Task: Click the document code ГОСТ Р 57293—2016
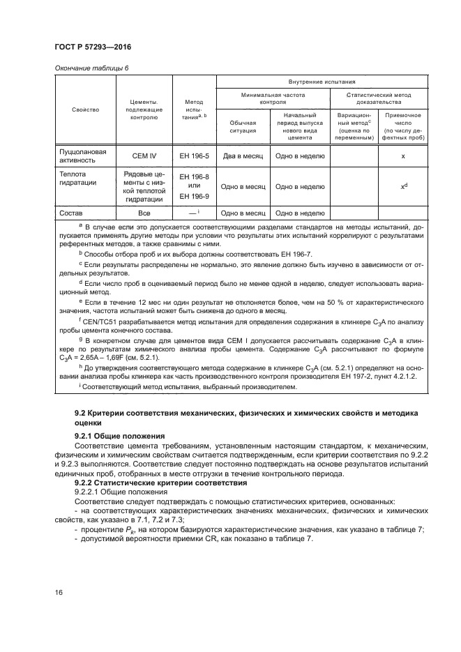click(92, 46)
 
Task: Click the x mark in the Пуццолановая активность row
click(403, 156)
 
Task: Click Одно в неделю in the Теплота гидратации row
click(299, 186)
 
